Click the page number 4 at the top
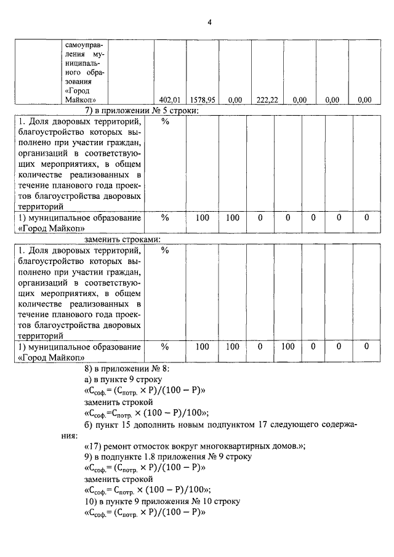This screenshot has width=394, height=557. coord(209,22)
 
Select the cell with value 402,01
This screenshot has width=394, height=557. coord(169,99)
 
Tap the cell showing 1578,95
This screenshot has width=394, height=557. coord(202,99)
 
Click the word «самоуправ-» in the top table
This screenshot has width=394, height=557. coord(85,45)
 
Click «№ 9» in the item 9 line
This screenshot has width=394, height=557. coord(212,457)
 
